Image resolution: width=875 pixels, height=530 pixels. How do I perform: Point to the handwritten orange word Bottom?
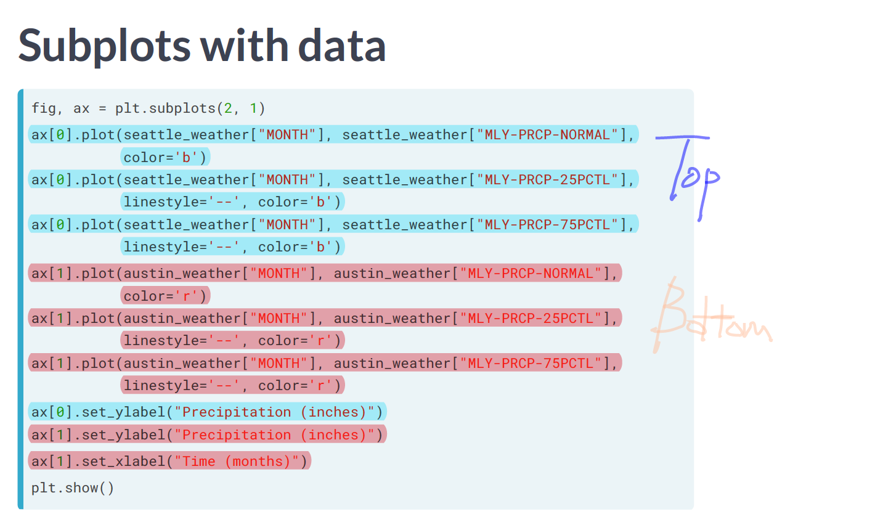coord(709,317)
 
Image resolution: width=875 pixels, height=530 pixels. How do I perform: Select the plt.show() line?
coord(73,488)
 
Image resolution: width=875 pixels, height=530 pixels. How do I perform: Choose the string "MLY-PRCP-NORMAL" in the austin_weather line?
coord(531,273)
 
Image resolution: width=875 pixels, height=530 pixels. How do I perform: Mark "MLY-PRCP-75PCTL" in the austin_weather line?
coord(531,363)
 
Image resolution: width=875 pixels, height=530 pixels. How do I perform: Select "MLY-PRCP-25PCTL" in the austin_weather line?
coord(531,318)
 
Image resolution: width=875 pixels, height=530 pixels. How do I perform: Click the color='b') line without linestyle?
coord(165,157)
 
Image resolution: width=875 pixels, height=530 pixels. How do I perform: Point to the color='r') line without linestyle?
coord(165,296)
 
